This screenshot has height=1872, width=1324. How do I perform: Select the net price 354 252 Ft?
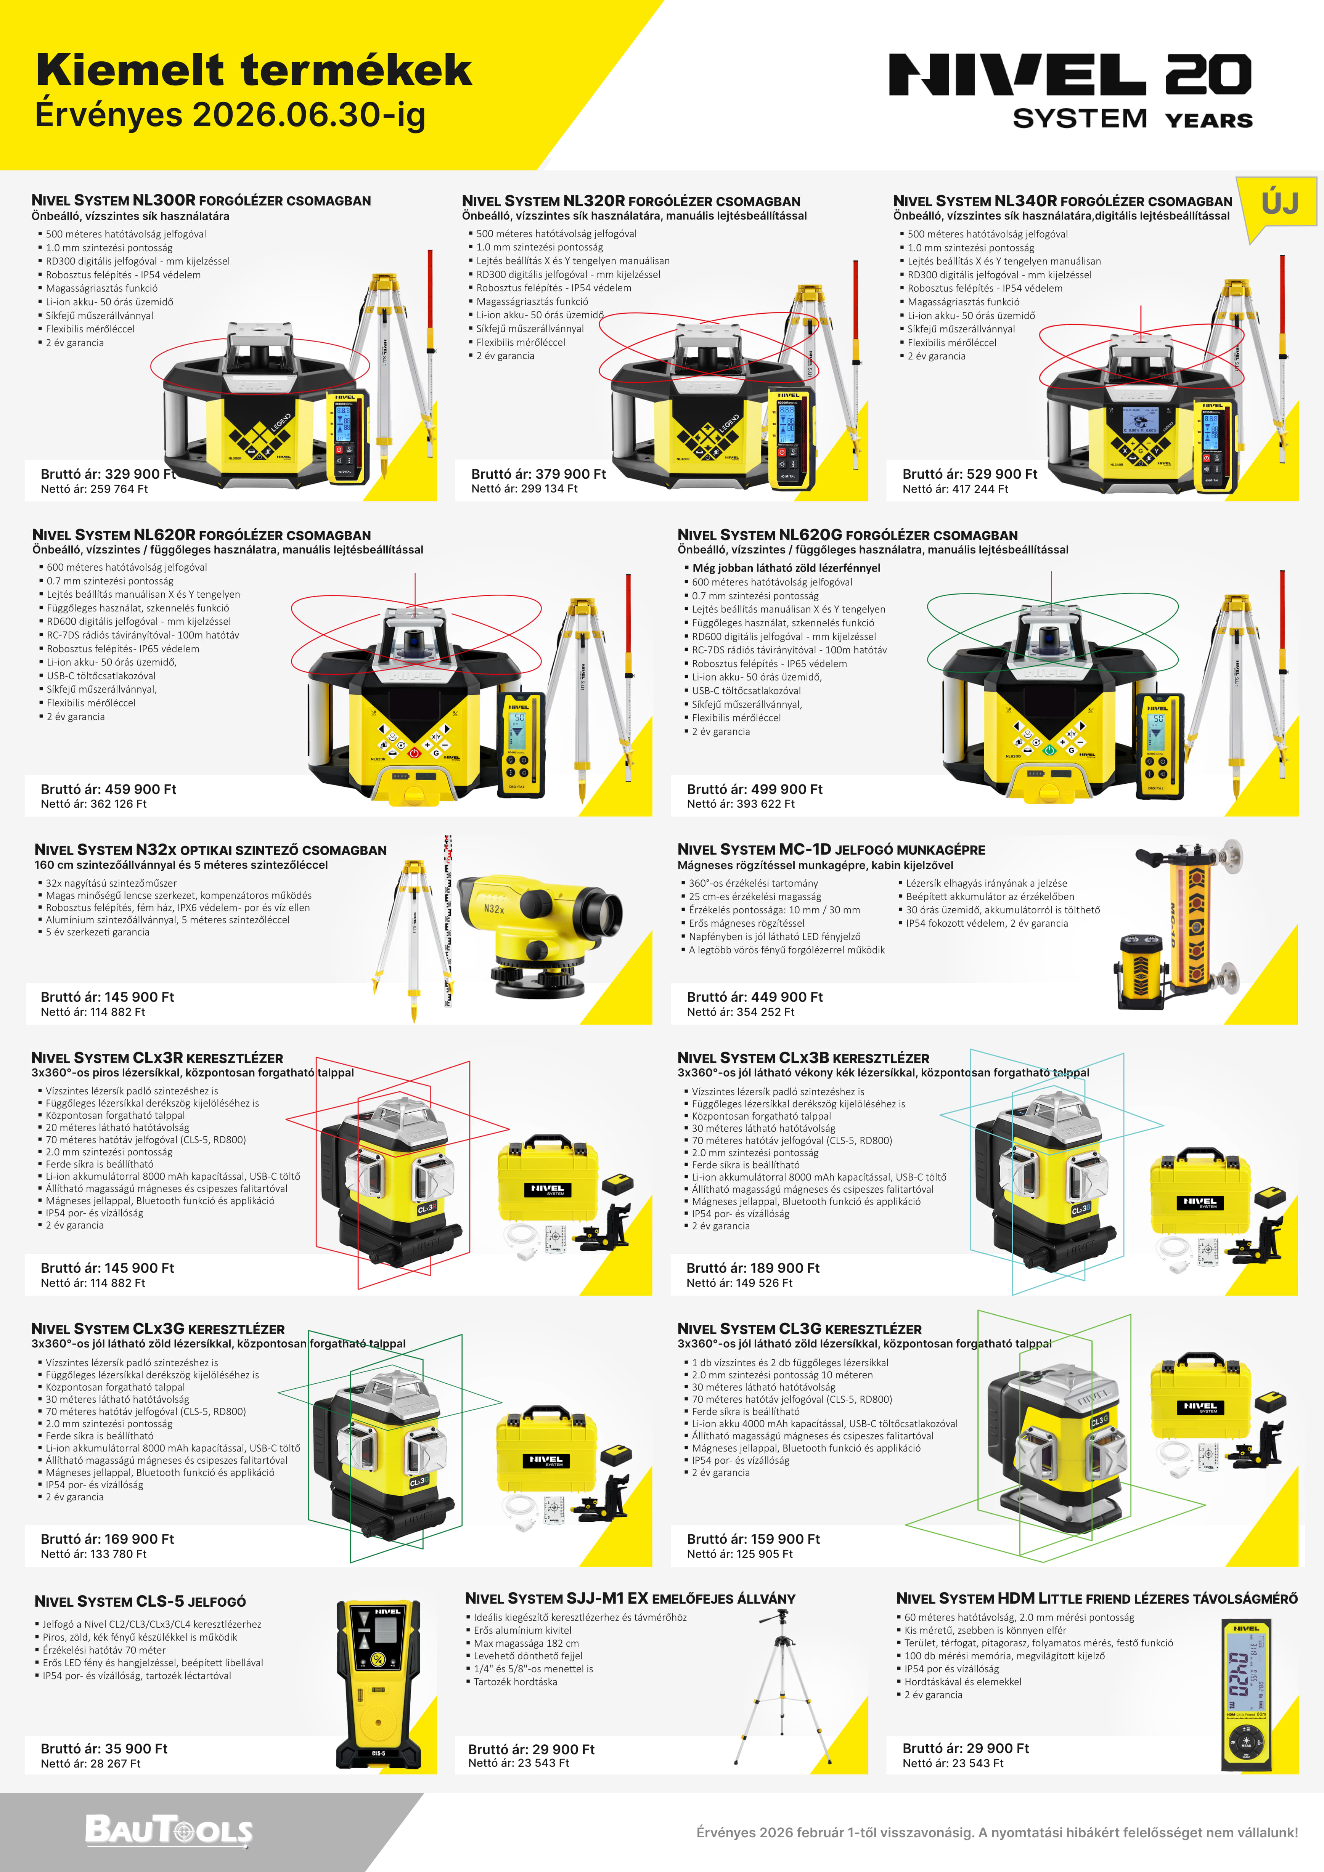(x=741, y=1012)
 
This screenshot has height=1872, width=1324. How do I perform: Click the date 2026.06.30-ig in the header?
(x=309, y=115)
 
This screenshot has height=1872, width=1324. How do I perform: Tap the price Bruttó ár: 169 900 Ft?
(x=108, y=1538)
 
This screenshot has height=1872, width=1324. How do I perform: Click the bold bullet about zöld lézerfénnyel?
(x=786, y=568)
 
